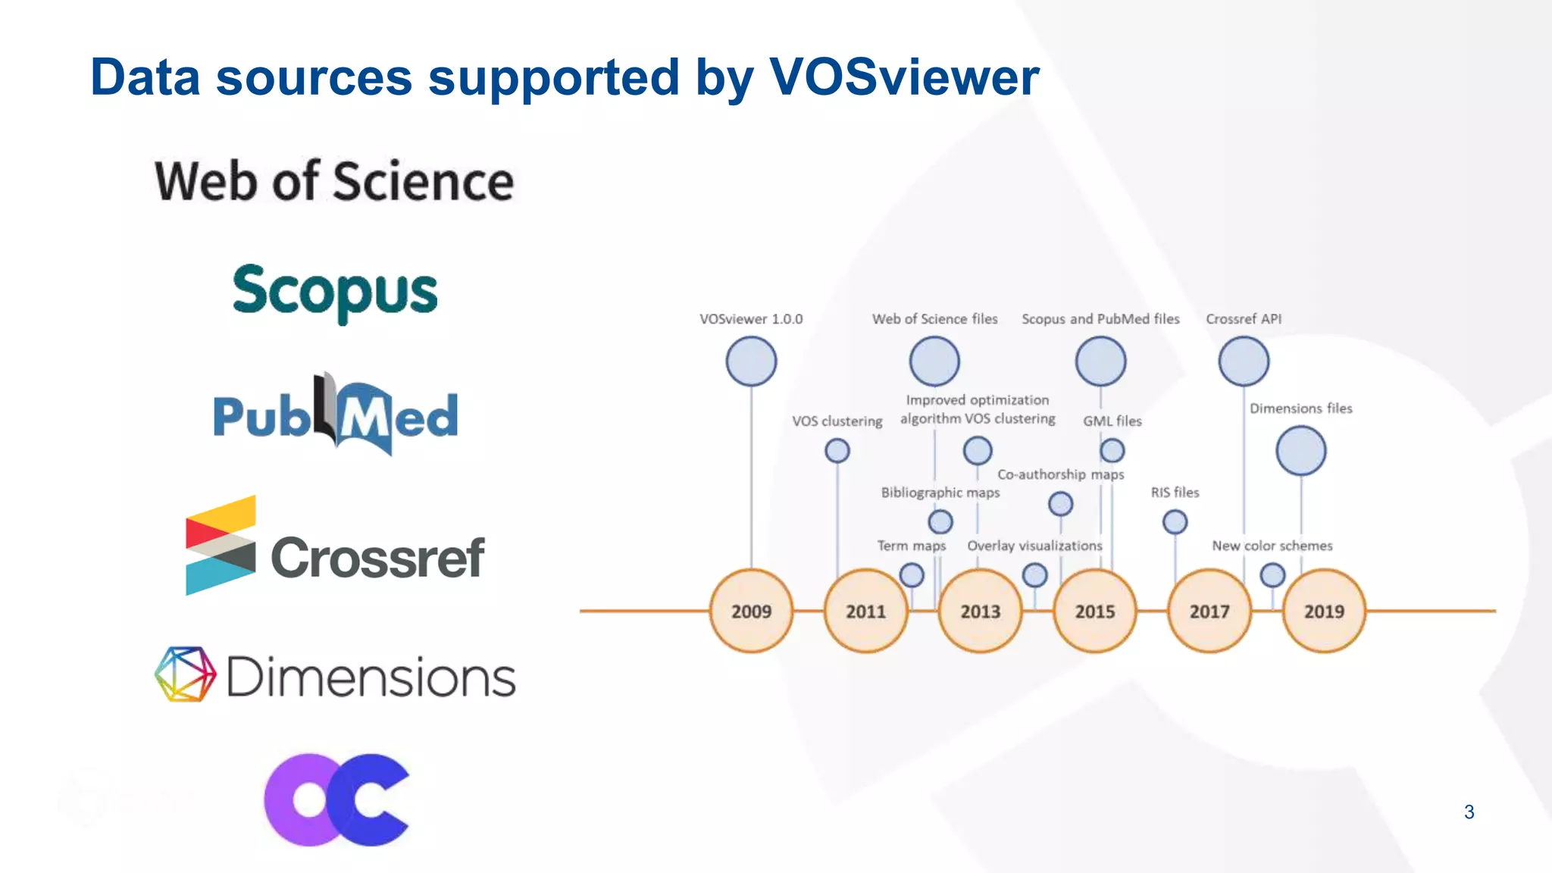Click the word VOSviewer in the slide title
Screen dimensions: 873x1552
pyautogui.click(x=903, y=77)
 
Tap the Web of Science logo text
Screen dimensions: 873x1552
pyautogui.click(x=334, y=182)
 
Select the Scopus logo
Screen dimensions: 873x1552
pyautogui.click(x=335, y=292)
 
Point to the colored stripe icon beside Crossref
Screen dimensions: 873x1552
pyautogui.click(x=221, y=545)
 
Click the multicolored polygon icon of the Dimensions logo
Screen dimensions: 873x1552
pyautogui.click(x=185, y=674)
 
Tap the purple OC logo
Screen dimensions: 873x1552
pyautogui.click(x=336, y=799)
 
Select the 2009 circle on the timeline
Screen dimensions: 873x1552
pyautogui.click(x=751, y=611)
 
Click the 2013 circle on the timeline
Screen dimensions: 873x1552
pyautogui.click(x=980, y=611)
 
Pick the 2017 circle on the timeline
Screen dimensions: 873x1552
pyautogui.click(x=1209, y=611)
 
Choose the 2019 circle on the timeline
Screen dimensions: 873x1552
pyautogui.click(x=1324, y=611)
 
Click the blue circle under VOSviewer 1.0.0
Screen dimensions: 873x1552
pyautogui.click(x=751, y=361)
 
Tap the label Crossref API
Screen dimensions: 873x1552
pyautogui.click(x=1244, y=319)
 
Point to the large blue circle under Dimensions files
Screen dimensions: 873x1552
pyautogui.click(x=1300, y=451)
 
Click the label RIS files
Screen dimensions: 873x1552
pyautogui.click(x=1175, y=493)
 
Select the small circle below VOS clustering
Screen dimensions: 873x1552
pyautogui.click(x=837, y=451)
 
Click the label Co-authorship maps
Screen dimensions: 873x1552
pyautogui.click(x=1060, y=474)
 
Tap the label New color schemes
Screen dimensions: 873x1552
pyautogui.click(x=1272, y=546)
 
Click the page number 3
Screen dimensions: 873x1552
pyautogui.click(x=1469, y=812)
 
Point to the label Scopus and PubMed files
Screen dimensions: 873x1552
pyautogui.click(x=1100, y=319)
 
